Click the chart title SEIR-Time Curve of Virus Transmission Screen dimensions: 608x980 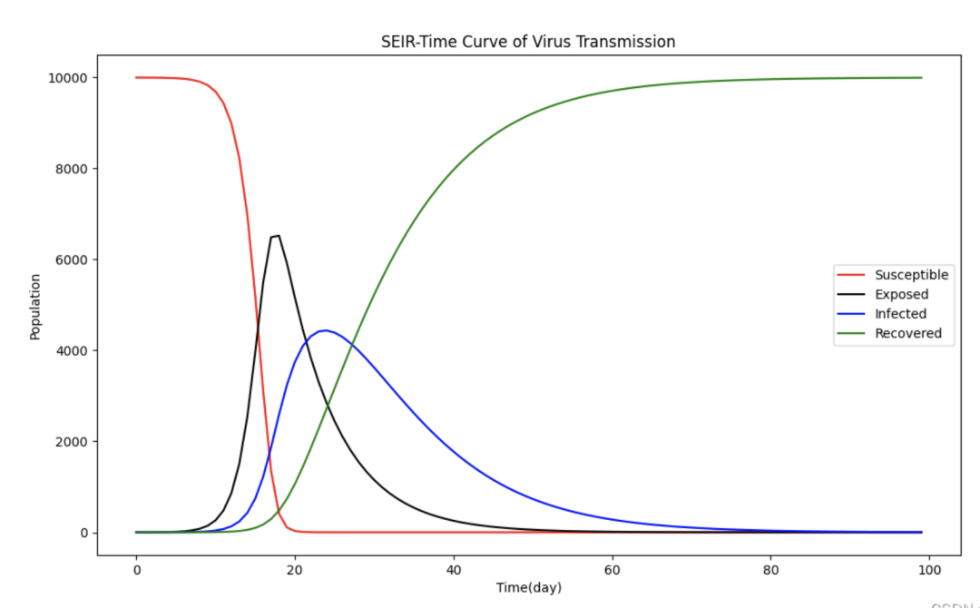click(x=527, y=42)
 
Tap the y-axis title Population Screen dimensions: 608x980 click(x=35, y=307)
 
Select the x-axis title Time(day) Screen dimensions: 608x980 click(x=528, y=587)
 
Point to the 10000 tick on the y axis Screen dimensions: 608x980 click(x=68, y=78)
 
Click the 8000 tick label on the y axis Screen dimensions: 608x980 click(x=72, y=169)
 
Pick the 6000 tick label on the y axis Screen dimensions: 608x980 click(x=72, y=260)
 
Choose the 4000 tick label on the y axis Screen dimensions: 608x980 click(x=72, y=351)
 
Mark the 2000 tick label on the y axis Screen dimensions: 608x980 click(x=72, y=442)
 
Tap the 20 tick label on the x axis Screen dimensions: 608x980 click(x=295, y=569)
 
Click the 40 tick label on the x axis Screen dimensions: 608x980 click(x=454, y=569)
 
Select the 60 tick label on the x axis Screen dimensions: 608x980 click(x=612, y=569)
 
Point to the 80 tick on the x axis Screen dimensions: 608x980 click(x=770, y=569)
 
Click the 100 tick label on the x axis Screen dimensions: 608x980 click(x=929, y=569)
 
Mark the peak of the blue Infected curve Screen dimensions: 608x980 click(x=325, y=330)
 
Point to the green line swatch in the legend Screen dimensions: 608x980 click(x=853, y=334)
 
